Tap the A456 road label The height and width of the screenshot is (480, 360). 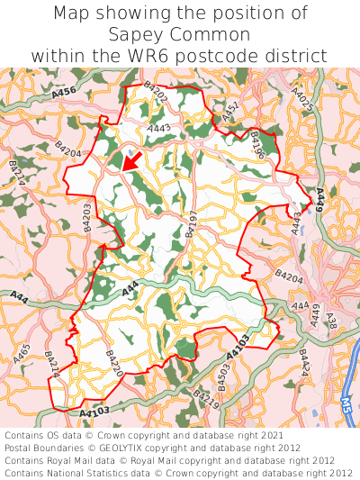tap(65, 91)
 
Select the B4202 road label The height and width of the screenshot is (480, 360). tap(156, 90)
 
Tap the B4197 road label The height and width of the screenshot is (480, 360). tap(191, 222)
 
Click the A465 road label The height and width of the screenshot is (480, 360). tap(23, 355)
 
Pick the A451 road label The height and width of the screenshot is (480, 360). tap(231, 113)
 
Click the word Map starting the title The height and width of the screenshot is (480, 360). tap(71, 14)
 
